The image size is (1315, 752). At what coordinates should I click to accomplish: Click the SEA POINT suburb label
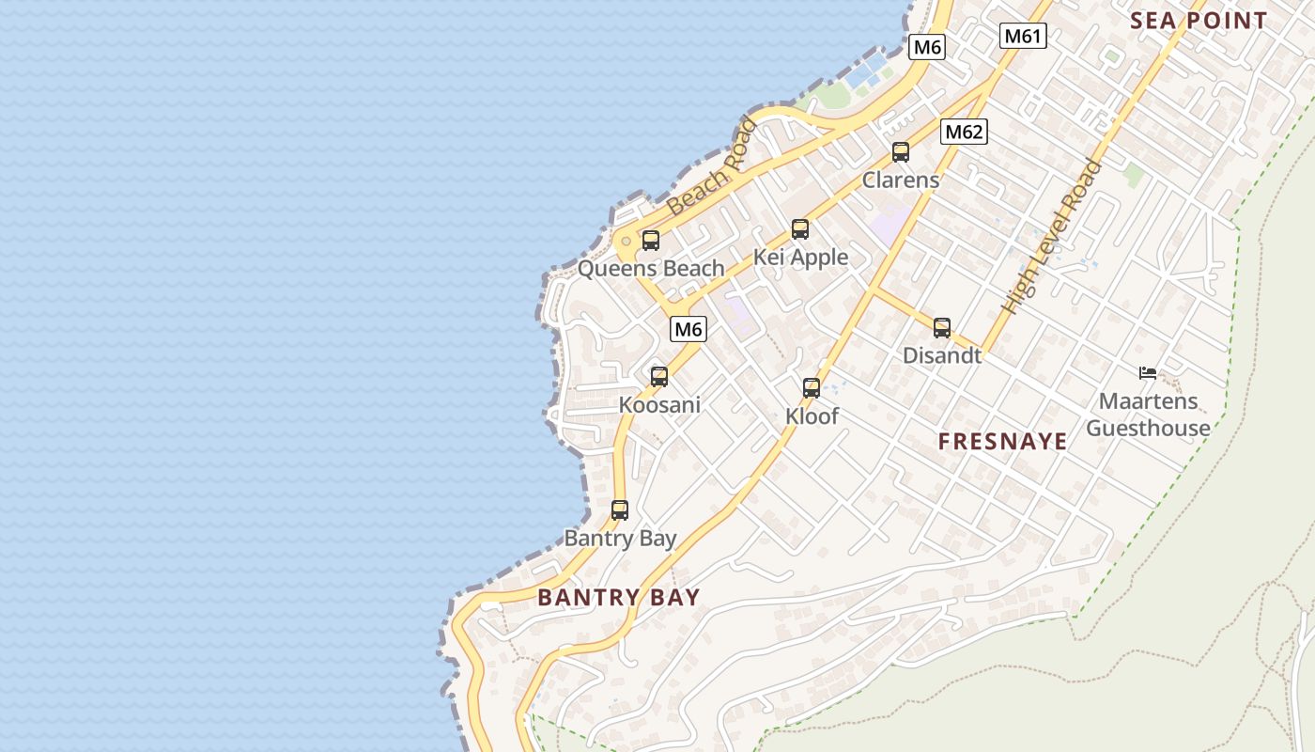pos(1199,21)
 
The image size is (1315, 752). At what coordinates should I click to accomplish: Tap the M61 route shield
pos(1023,37)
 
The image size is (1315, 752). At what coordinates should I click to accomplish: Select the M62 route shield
pos(964,133)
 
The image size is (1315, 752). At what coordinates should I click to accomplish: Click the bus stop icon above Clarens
pos(901,152)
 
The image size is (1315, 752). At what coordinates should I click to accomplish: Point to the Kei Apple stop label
pos(800,258)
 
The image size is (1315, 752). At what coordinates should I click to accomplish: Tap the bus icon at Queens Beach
pos(651,241)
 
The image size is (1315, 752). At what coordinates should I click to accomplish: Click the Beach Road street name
pos(711,166)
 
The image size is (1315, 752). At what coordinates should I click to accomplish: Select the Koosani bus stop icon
pos(659,377)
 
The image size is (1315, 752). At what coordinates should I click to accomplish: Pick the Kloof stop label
pos(812,415)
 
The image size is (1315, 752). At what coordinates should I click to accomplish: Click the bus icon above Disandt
pos(942,328)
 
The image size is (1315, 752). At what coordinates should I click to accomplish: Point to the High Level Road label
pos(1051,237)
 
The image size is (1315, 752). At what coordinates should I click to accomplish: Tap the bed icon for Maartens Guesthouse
pos(1147,373)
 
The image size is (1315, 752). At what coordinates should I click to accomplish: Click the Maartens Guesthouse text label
pos(1148,415)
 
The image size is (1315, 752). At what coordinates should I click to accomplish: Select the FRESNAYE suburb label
pos(1002,442)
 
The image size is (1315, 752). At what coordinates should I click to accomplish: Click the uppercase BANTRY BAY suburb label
pos(619,598)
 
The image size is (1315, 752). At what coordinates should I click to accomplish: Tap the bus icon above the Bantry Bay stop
pos(620,510)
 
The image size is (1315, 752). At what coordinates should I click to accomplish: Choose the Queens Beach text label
pos(651,269)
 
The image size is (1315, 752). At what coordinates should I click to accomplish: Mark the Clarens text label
pos(901,180)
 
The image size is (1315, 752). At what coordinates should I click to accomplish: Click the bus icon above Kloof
pos(812,387)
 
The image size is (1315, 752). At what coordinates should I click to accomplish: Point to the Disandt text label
pos(942,355)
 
